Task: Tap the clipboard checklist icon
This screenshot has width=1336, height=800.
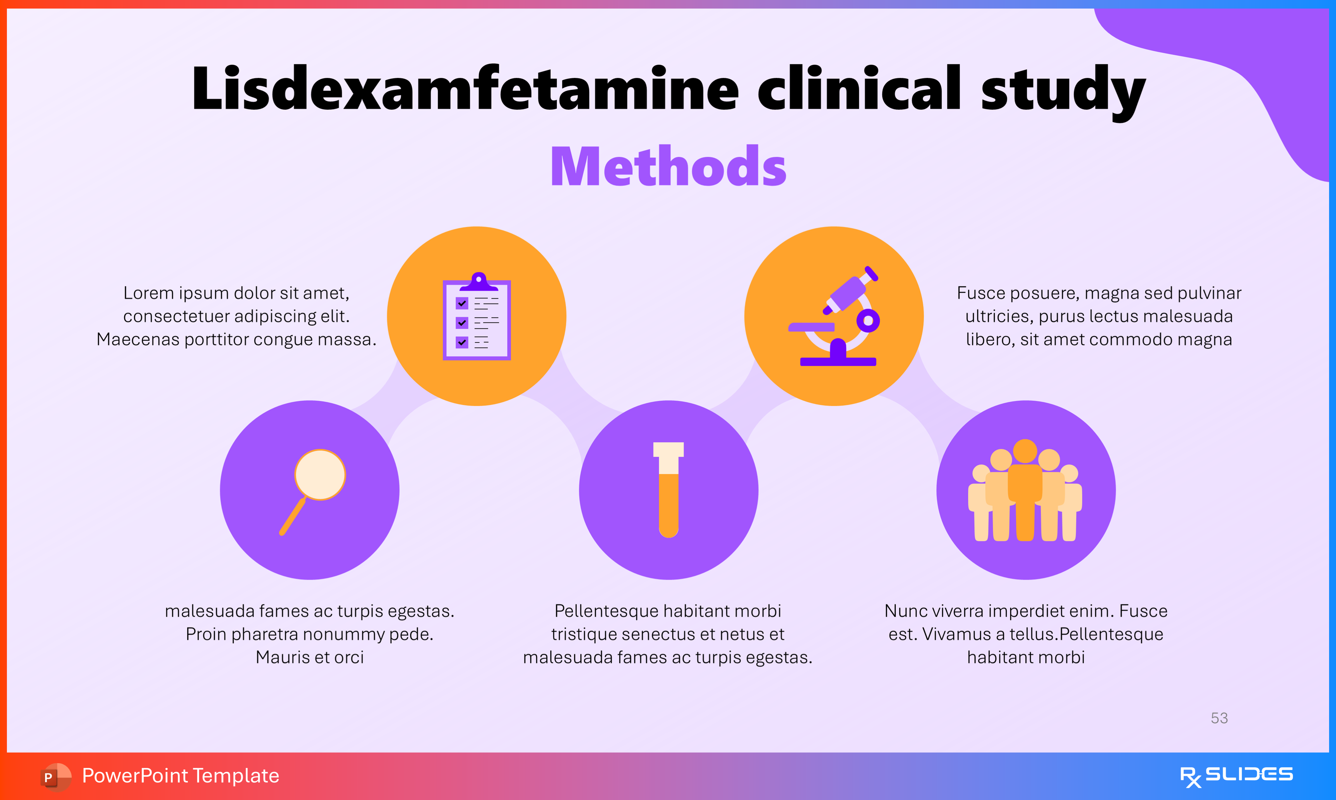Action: pyautogui.click(x=477, y=317)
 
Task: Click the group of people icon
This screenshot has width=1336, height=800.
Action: pyautogui.click(x=1025, y=491)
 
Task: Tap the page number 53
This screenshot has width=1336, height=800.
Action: pyautogui.click(x=1219, y=718)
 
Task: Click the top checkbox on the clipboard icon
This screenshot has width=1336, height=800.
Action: pyautogui.click(x=462, y=303)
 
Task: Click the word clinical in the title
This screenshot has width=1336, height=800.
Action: pyautogui.click(x=859, y=89)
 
